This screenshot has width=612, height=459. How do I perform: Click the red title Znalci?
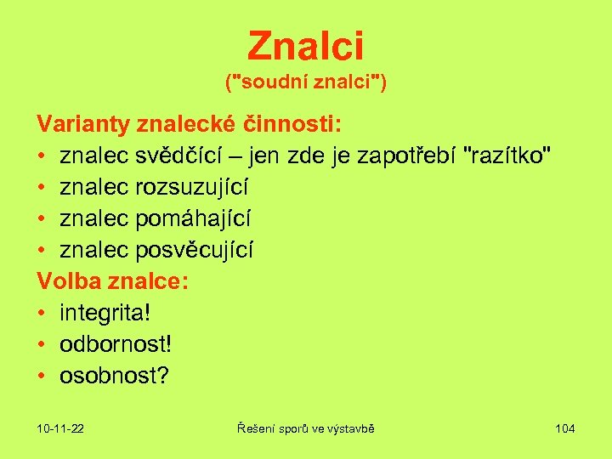pos(306,47)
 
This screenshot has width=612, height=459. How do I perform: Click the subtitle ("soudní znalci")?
pos(306,83)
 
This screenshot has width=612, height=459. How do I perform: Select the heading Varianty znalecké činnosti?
pos(190,125)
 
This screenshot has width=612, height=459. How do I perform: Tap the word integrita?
pos(105,313)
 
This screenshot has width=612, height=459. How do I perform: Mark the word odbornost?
pos(116,344)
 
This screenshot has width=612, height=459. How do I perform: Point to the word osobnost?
pos(114,376)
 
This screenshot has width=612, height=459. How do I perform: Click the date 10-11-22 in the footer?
pos(60,428)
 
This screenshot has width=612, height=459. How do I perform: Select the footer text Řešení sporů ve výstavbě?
pos(306,428)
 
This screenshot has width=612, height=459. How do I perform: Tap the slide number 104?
pos(564,428)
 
